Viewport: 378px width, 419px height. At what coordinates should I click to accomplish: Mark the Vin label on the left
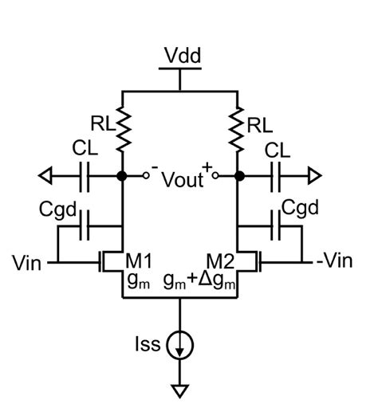(30, 260)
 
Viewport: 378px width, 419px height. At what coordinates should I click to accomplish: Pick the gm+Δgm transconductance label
(202, 280)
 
